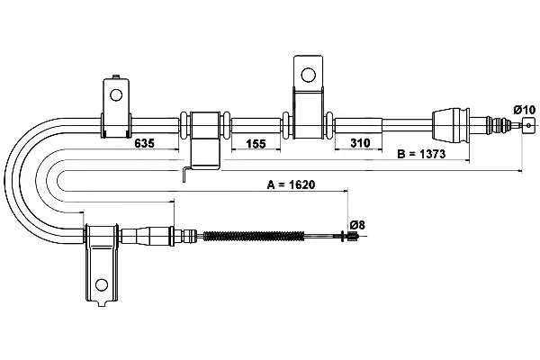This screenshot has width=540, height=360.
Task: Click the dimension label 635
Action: click(144, 143)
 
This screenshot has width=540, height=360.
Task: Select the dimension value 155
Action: click(256, 143)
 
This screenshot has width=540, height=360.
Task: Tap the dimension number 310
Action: click(360, 142)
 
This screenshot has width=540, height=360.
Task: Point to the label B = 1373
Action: click(421, 154)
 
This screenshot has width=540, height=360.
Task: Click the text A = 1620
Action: click(291, 184)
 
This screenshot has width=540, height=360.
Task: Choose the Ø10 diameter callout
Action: click(525, 110)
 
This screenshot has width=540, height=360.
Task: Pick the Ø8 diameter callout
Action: click(357, 225)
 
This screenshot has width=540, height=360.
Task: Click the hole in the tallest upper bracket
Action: click(308, 75)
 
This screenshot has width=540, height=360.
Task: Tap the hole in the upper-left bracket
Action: click(116, 94)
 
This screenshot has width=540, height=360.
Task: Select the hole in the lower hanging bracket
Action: click(102, 284)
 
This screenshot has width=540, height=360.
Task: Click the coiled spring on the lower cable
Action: click(254, 236)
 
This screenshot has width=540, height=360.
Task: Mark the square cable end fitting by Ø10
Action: click(529, 125)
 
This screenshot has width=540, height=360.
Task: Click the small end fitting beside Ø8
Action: click(353, 236)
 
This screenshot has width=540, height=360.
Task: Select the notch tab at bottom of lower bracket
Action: click(102, 303)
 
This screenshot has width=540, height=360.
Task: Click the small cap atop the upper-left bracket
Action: click(116, 76)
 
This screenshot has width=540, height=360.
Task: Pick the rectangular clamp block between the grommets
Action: click(205, 125)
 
